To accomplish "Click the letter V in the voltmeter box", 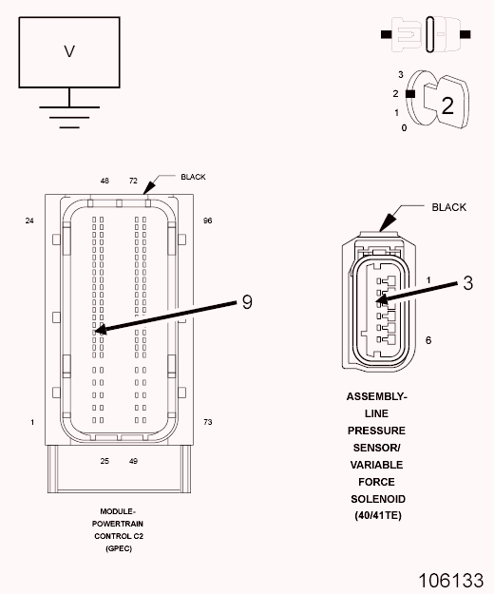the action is pyautogui.click(x=69, y=51).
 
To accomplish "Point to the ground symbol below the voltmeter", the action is pyautogui.click(x=69, y=117).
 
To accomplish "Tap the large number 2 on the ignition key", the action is pyautogui.click(x=447, y=105).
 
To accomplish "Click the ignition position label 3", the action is pyautogui.click(x=401, y=75).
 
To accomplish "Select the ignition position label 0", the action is pyautogui.click(x=404, y=128).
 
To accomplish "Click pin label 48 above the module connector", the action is pyautogui.click(x=104, y=181).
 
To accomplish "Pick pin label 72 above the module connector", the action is pyautogui.click(x=133, y=181).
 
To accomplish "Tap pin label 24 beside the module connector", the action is pyautogui.click(x=29, y=220).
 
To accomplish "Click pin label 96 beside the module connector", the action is pyautogui.click(x=207, y=220).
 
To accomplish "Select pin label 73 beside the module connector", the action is pyautogui.click(x=208, y=422).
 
